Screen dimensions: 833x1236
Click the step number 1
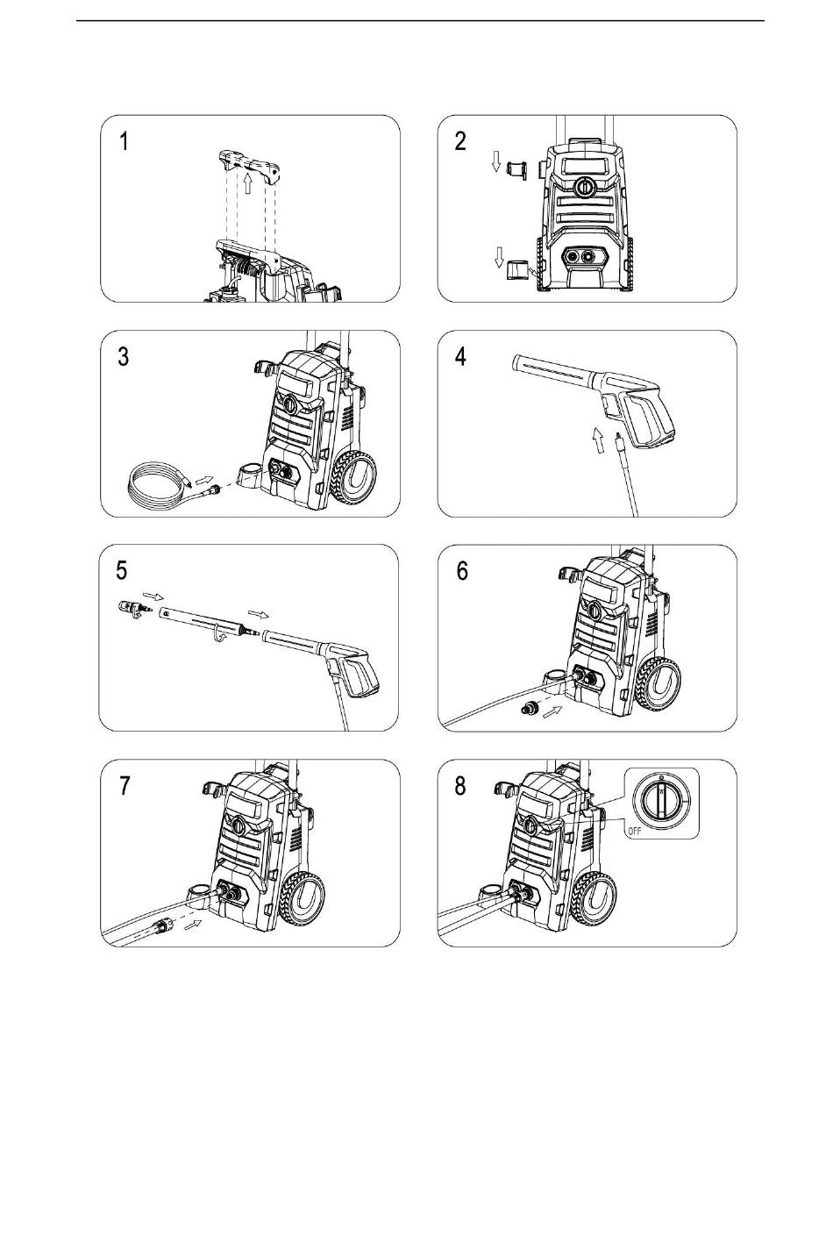(x=125, y=141)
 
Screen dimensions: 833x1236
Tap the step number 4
(x=461, y=356)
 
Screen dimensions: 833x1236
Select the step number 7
(x=125, y=785)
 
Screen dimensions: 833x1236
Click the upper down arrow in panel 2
(x=495, y=161)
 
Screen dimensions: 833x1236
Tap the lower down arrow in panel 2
(x=499, y=256)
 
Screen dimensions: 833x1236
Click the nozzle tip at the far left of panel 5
(x=129, y=608)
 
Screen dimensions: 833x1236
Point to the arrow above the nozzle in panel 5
(x=153, y=597)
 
